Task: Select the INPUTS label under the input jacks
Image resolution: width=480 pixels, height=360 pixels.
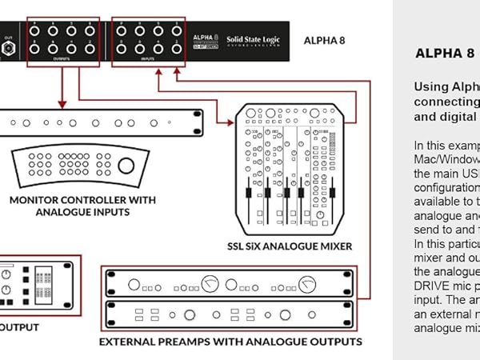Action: click(146, 58)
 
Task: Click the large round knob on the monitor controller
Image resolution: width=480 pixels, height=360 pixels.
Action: click(126, 166)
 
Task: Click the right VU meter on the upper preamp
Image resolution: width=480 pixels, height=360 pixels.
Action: click(307, 284)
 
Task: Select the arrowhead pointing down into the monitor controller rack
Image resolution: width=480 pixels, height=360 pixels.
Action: click(62, 105)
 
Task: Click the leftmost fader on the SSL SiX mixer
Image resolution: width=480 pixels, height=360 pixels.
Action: click(248, 196)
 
